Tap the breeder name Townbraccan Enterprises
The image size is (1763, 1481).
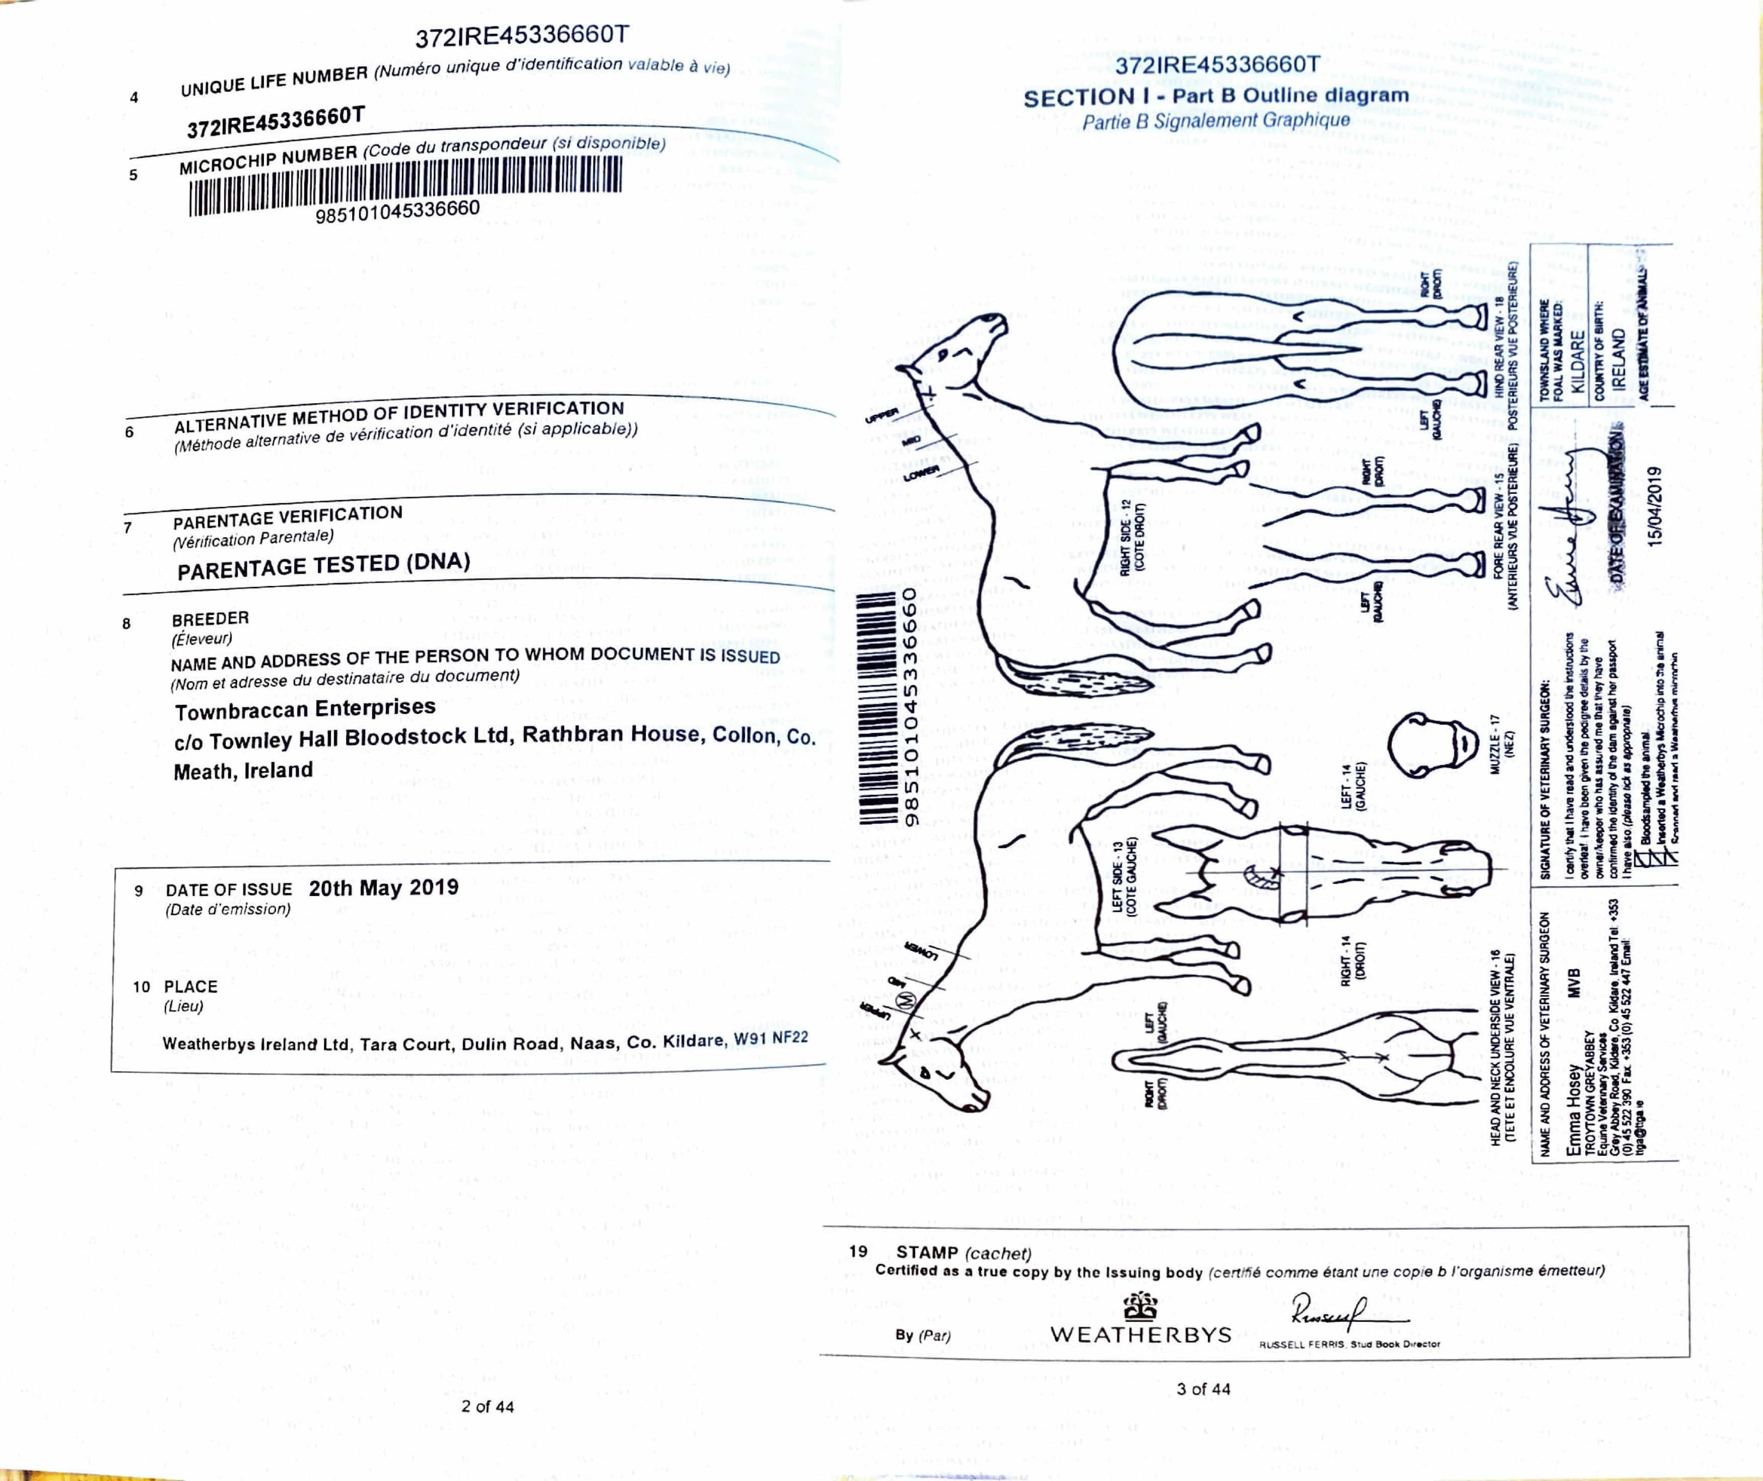tap(305, 709)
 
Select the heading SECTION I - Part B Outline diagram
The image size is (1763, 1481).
tap(1215, 97)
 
